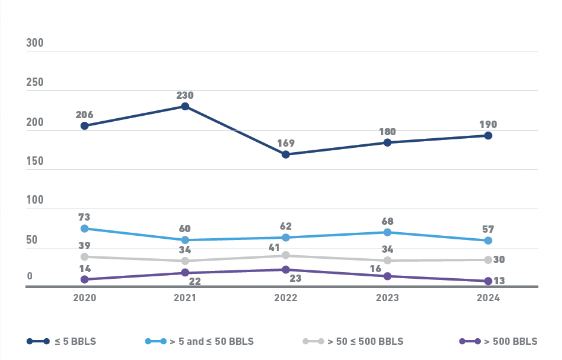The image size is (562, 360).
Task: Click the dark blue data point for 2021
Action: [185, 107]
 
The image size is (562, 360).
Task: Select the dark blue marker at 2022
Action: [286, 155]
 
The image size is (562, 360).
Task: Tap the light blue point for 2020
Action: [85, 228]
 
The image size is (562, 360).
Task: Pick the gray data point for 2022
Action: [286, 255]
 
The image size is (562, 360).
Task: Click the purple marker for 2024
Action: [488, 281]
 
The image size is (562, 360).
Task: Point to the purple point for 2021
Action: [185, 273]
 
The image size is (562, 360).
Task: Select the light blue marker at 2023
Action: [388, 232]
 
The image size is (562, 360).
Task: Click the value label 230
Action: [185, 95]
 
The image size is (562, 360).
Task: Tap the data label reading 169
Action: [286, 143]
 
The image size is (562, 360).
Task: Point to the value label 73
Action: [85, 217]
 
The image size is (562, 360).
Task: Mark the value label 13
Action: [500, 281]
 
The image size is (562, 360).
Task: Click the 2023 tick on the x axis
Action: [388, 298]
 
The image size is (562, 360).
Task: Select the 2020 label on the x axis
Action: [85, 298]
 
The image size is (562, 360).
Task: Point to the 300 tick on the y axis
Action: [35, 44]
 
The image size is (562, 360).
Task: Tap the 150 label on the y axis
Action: [35, 161]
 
